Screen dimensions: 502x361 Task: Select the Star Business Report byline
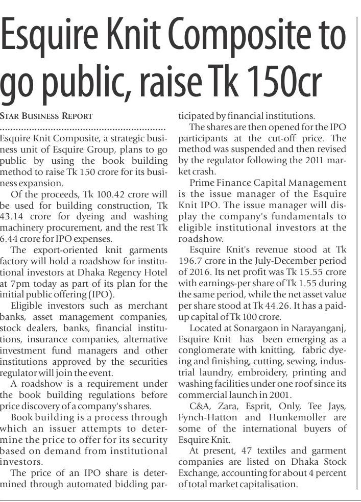[x=46, y=116]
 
